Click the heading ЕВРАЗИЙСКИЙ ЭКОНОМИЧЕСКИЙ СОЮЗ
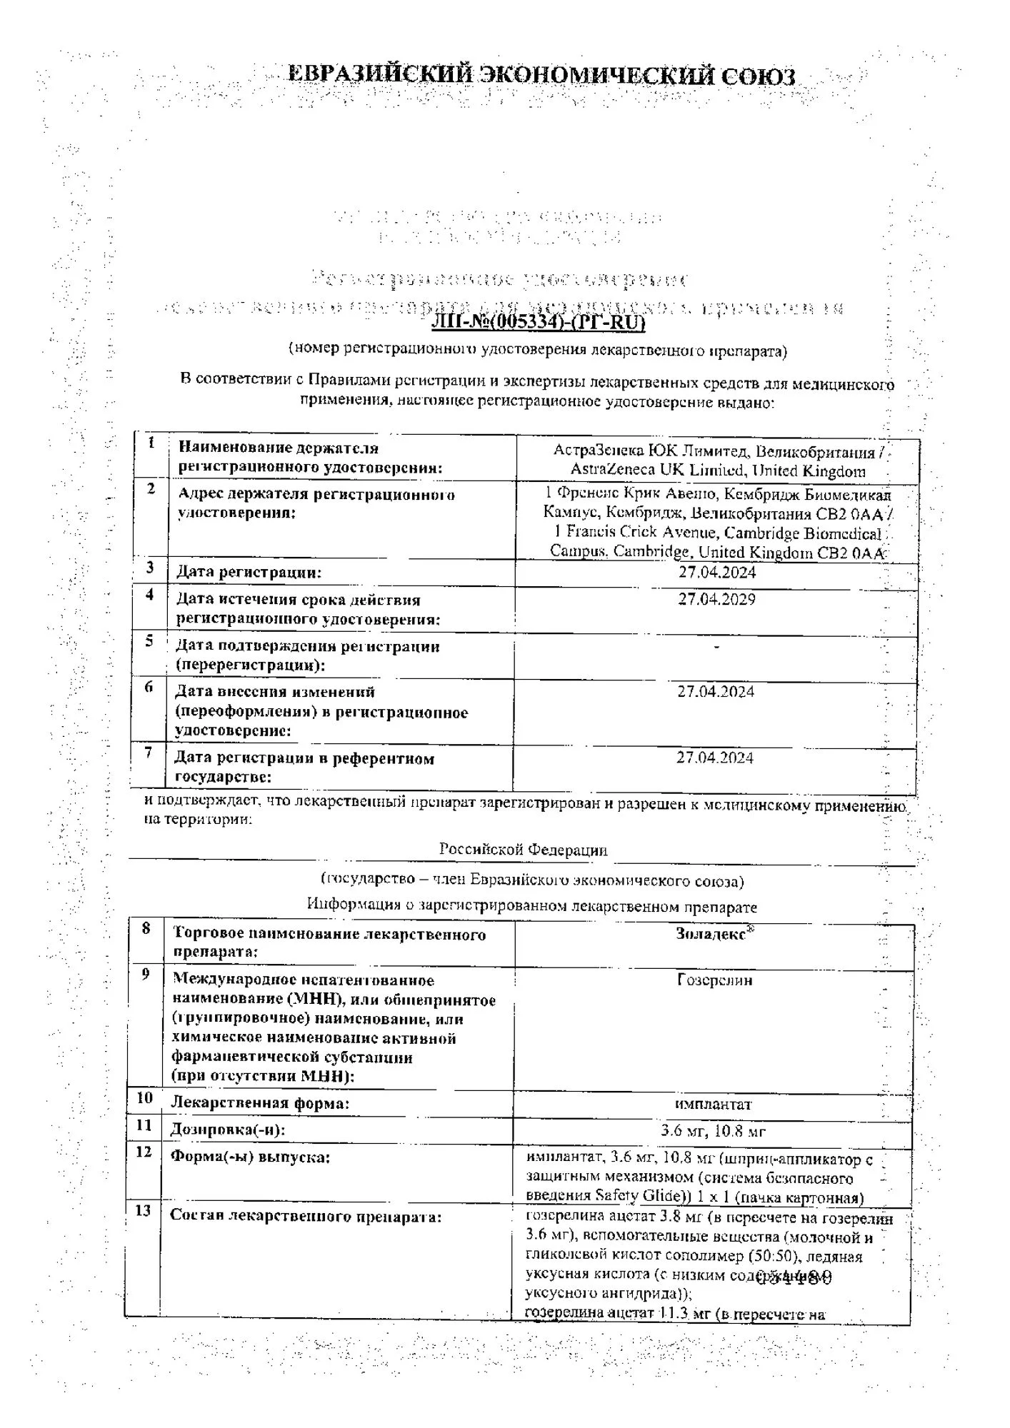click(541, 75)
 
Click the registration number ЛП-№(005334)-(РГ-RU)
click(538, 323)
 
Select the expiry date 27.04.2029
click(716, 599)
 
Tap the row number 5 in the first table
click(149, 640)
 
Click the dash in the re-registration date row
click(716, 647)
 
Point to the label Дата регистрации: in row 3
click(249, 572)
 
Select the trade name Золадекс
click(711, 934)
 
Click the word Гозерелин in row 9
click(714, 980)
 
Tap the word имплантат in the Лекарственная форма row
click(713, 1104)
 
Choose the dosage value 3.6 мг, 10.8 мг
click(713, 1131)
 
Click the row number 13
click(143, 1210)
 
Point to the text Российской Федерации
click(523, 850)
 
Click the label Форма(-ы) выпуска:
click(249, 1157)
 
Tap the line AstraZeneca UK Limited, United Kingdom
click(717, 471)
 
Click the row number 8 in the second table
click(146, 928)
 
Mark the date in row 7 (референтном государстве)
click(715, 758)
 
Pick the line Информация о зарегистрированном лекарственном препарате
click(531, 906)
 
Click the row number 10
click(144, 1097)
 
